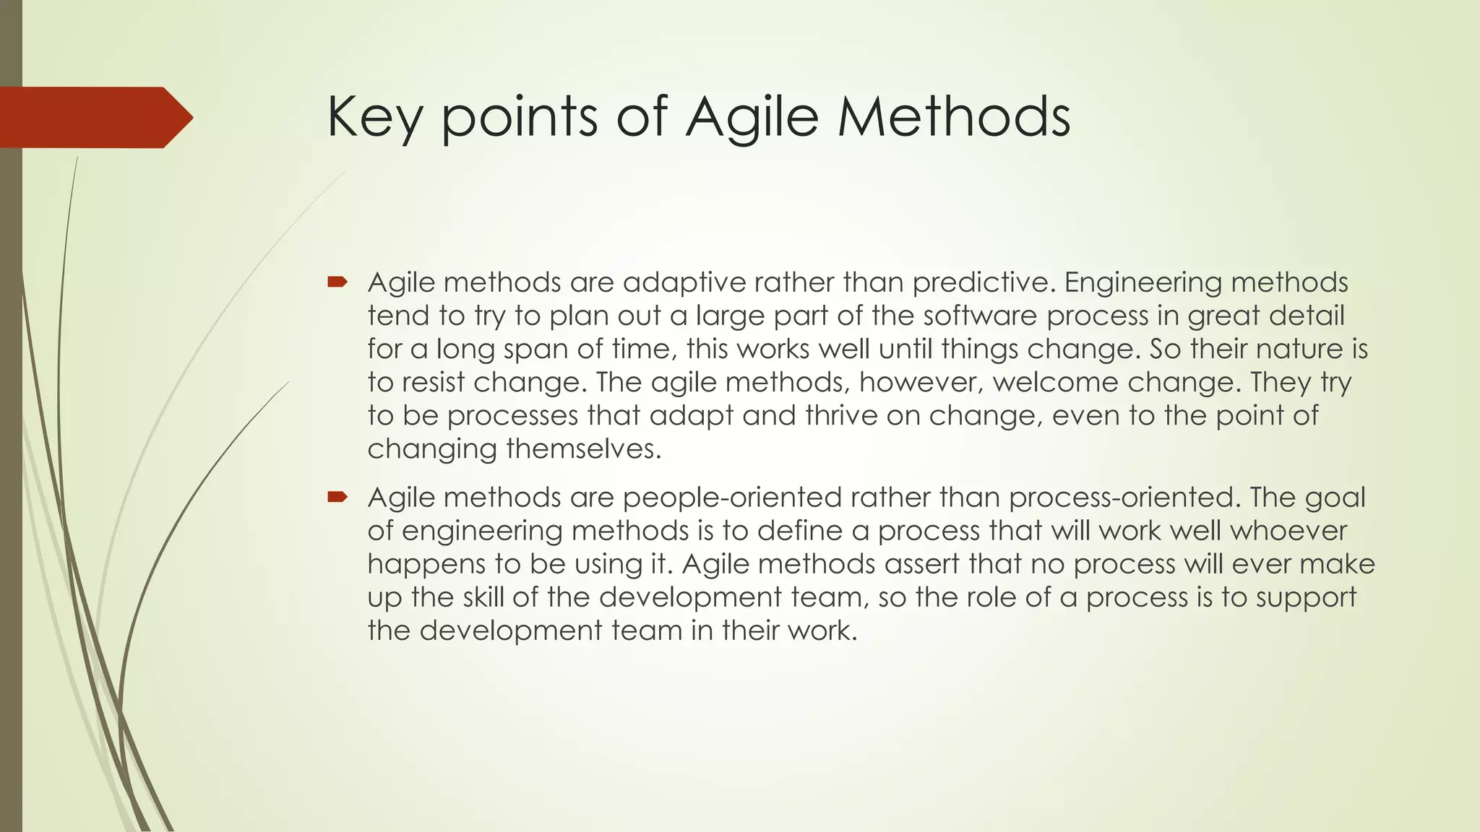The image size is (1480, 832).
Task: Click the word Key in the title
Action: [x=374, y=117]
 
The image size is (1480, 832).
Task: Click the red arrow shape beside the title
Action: [x=94, y=118]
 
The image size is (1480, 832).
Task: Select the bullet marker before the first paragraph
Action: [x=337, y=281]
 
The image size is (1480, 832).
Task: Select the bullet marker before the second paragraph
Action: [x=337, y=496]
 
